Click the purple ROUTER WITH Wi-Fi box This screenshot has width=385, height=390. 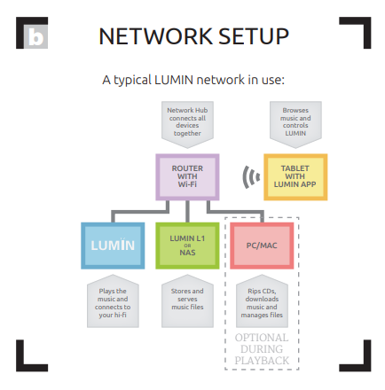187,177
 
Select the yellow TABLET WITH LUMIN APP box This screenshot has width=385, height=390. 295,177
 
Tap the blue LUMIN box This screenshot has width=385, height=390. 113,246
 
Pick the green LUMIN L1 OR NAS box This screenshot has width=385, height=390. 187,246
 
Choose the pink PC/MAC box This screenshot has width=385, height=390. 262,246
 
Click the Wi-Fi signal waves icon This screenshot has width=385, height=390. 251,177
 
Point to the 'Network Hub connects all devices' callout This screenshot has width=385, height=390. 187,124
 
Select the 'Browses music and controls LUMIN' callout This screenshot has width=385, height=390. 295,124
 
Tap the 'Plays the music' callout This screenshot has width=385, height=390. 113,301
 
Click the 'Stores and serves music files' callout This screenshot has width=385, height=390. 187,301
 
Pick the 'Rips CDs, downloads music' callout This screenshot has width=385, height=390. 262,301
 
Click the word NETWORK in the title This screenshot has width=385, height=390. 155,36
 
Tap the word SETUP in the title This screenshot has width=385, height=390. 254,36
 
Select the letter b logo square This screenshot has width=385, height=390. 35,36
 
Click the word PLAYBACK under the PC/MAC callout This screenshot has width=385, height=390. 262,361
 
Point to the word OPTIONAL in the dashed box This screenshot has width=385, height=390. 262,338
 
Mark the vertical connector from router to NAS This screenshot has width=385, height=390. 187,212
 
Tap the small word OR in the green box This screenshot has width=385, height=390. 187,246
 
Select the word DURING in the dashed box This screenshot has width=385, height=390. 262,349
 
